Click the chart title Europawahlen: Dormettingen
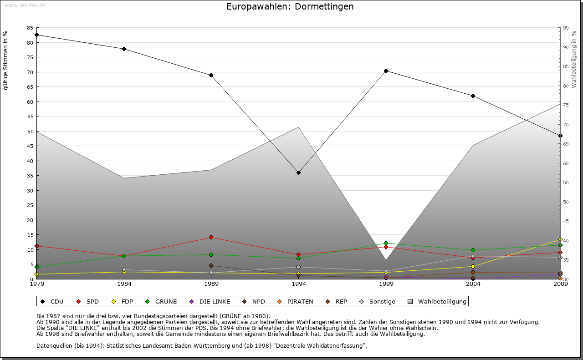290,7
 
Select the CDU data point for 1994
298,173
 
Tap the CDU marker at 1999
386,71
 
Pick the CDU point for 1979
36,35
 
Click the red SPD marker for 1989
211,238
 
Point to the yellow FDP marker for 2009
560,240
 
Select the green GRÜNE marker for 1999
386,243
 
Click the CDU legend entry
52,301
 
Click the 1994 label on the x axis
299,284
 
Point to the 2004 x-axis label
473,284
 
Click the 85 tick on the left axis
30,28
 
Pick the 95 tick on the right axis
565,28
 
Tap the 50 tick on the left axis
30,132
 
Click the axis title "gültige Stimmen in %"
6,61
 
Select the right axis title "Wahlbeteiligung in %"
573,60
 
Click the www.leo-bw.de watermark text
25,5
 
